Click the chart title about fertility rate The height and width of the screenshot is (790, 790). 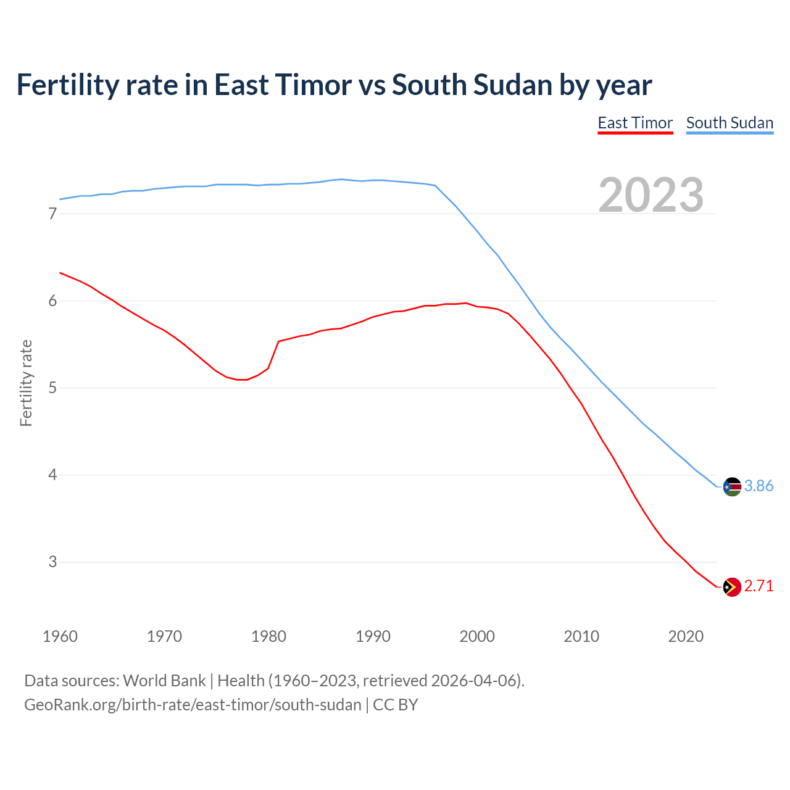334,85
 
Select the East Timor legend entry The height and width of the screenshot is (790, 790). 635,123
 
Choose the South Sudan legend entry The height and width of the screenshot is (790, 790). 730,123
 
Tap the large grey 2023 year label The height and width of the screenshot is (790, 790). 651,195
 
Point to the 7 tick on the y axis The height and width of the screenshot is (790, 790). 52,214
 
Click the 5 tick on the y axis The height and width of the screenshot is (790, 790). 52,388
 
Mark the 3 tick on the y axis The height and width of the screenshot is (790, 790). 52,562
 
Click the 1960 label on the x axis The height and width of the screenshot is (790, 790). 60,636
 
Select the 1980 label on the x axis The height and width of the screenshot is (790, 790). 268,636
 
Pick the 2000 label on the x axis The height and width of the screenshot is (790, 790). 477,636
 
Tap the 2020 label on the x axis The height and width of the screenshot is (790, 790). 686,636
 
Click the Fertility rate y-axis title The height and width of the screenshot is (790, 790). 26,383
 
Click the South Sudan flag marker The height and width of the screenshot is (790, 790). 732,487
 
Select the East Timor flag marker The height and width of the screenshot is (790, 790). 732,587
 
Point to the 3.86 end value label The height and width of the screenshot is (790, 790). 759,486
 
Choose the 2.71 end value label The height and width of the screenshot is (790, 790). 759,586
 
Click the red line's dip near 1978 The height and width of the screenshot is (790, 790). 242,380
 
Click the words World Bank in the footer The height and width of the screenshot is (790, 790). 164,681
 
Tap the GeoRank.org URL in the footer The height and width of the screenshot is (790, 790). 193,705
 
